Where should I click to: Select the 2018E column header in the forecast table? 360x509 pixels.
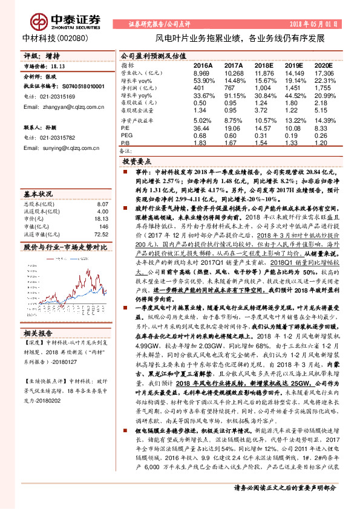coord(264,65)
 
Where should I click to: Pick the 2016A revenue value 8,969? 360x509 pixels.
coord(201,72)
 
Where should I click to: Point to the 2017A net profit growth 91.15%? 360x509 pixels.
coord(234,96)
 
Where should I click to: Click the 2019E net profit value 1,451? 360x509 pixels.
coord(295,88)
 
